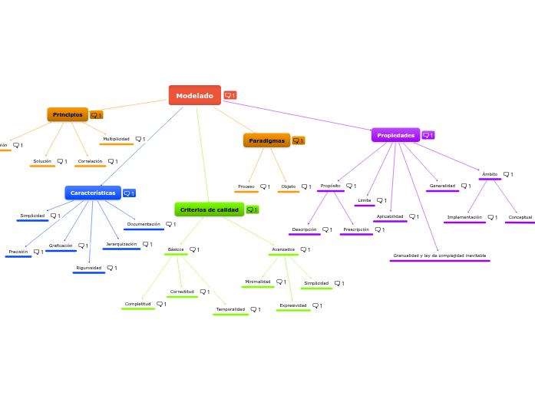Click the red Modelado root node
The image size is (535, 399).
tap(194, 95)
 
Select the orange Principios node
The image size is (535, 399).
tap(68, 114)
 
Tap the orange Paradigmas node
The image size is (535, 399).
tap(266, 140)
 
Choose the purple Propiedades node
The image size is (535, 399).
tap(395, 135)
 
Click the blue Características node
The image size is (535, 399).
tap(93, 193)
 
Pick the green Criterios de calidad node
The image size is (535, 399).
tap(209, 209)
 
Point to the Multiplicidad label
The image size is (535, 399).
tap(116, 139)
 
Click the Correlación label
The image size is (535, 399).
tap(90, 161)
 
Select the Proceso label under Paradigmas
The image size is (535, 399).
tap(246, 186)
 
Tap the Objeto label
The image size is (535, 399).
tap(288, 186)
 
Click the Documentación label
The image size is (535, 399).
tap(144, 224)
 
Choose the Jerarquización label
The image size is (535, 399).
tap(121, 244)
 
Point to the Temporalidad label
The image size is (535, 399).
tap(230, 309)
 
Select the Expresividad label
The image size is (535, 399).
tap(292, 305)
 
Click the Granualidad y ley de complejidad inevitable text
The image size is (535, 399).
tap(439, 256)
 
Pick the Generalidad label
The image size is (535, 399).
tap(442, 186)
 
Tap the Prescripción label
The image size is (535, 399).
tap(355, 229)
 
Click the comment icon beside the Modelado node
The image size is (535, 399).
tap(230, 95)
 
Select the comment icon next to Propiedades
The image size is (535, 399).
tap(428, 135)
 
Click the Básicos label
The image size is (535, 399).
tap(175, 249)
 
